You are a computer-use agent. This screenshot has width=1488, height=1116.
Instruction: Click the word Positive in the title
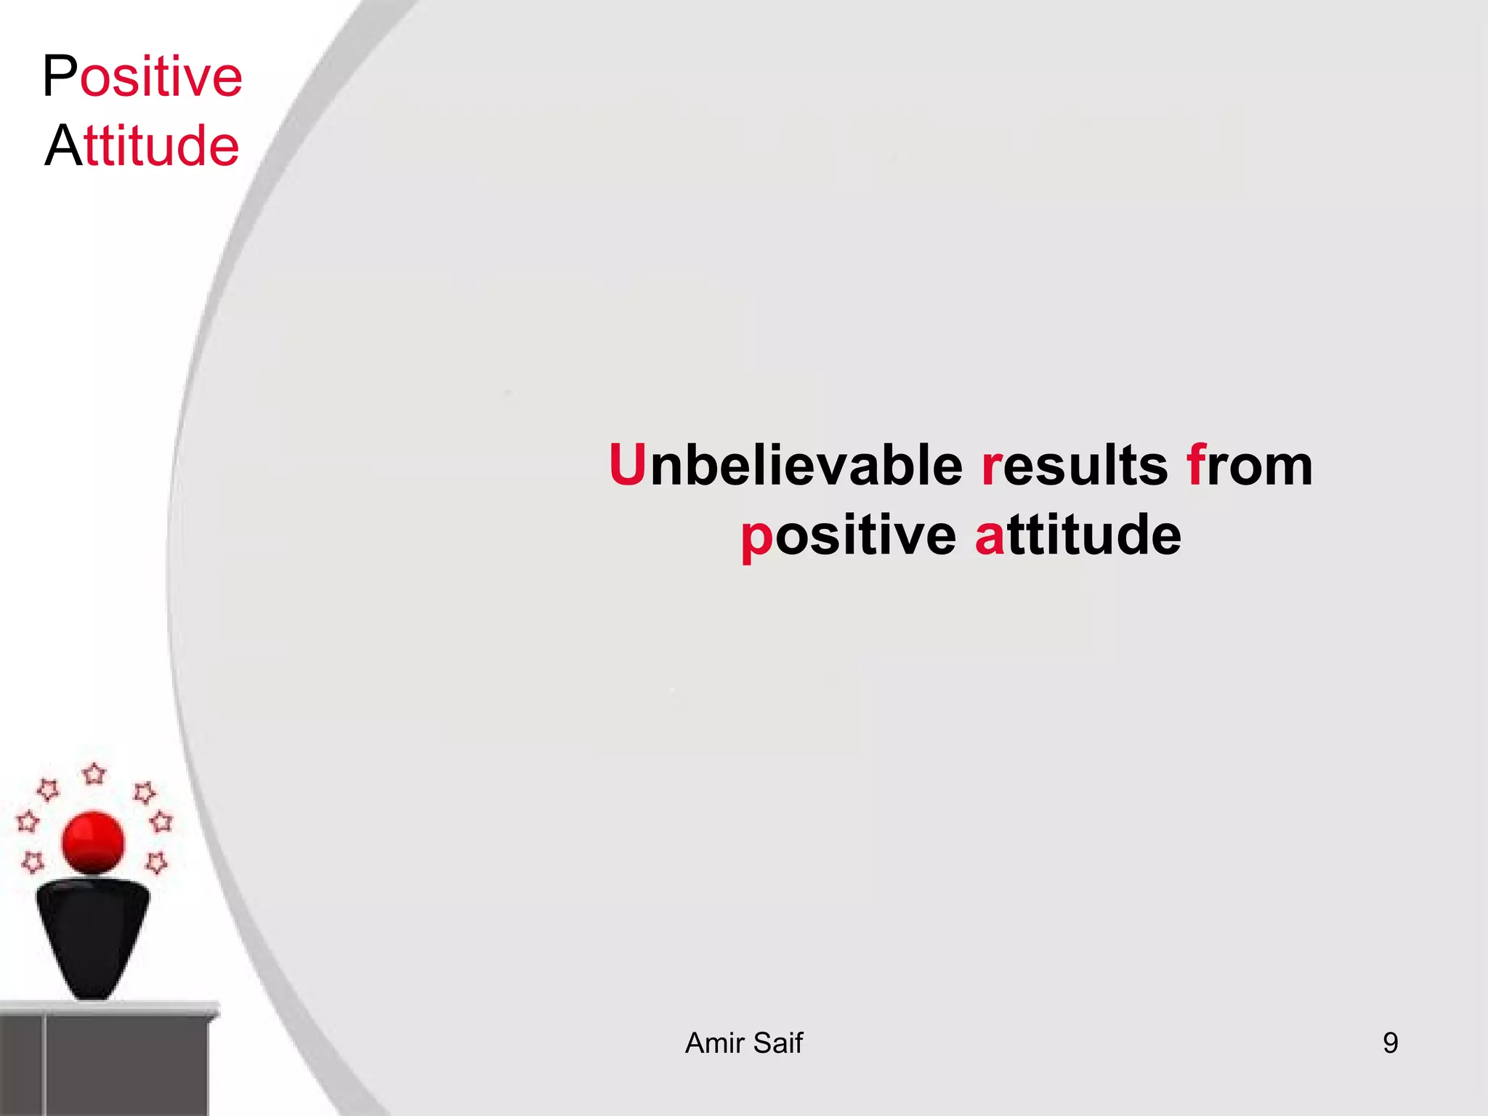(x=142, y=76)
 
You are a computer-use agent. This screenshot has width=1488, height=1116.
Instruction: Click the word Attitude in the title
(x=142, y=145)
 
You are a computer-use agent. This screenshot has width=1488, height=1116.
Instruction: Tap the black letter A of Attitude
(x=62, y=145)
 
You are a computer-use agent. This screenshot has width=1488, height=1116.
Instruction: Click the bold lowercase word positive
(x=848, y=535)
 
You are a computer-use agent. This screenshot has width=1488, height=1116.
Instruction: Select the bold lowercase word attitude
(x=1078, y=535)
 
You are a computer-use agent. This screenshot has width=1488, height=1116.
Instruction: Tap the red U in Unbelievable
(x=627, y=465)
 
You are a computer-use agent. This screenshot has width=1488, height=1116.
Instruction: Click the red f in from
(x=1196, y=465)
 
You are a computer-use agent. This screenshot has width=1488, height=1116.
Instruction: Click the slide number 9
(x=1390, y=1043)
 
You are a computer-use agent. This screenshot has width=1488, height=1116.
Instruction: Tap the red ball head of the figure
(x=93, y=843)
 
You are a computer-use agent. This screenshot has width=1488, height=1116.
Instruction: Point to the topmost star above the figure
(x=94, y=774)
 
